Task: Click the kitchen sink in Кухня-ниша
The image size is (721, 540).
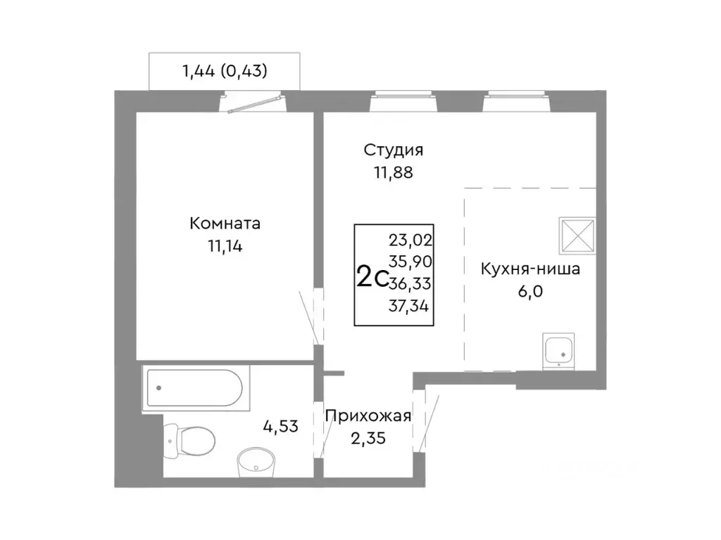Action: (x=559, y=350)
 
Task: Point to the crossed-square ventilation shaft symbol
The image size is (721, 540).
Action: (x=577, y=236)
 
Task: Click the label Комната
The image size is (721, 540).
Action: (x=225, y=224)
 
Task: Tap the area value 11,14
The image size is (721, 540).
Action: (x=225, y=245)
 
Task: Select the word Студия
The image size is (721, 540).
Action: (x=394, y=150)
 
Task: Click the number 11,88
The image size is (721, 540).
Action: (x=394, y=172)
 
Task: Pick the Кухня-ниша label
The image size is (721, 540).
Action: (x=530, y=269)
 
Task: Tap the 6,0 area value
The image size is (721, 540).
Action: (x=530, y=291)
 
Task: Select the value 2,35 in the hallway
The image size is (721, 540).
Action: (x=368, y=438)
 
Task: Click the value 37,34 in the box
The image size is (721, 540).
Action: (x=410, y=305)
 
